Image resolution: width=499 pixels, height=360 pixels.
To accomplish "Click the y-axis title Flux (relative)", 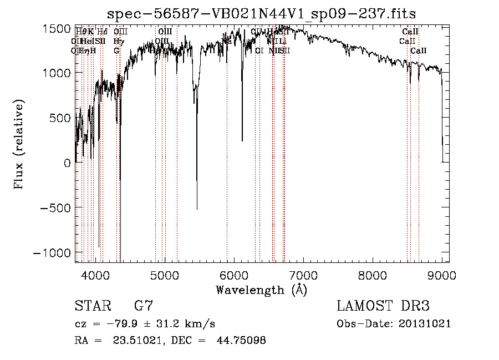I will click(x=20, y=145).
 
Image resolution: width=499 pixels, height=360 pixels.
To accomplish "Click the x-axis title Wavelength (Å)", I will click(x=261, y=290).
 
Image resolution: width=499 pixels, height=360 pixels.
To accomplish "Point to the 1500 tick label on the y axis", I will click(x=57, y=28).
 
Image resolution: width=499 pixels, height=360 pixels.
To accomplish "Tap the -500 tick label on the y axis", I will click(x=54, y=207).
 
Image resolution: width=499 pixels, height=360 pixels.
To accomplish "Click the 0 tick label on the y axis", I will click(x=67, y=163).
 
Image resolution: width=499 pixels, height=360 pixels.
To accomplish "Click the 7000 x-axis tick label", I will click(x=303, y=274).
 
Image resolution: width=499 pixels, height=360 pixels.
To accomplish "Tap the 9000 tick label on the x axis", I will click(x=442, y=274).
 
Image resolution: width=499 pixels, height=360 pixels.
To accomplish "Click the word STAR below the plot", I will click(x=93, y=306).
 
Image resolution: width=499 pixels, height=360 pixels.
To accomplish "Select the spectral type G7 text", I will click(x=143, y=306).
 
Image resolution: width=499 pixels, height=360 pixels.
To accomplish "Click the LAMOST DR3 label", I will click(x=383, y=306).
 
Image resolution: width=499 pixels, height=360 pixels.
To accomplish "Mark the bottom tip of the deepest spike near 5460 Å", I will click(x=197, y=209).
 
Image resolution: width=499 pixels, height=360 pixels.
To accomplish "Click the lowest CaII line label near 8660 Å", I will click(x=419, y=50).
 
